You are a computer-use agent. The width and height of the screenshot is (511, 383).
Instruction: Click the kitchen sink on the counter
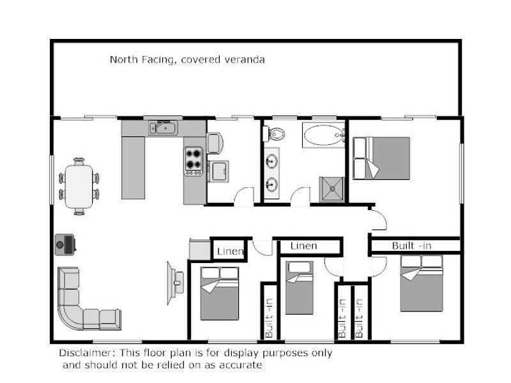(164, 128)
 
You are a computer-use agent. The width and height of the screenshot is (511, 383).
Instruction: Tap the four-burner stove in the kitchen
(194, 161)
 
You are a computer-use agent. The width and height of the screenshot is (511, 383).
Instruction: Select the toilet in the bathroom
(277, 134)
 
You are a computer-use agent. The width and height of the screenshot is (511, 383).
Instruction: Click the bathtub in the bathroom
(323, 136)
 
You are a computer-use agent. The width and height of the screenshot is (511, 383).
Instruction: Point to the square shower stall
(332, 188)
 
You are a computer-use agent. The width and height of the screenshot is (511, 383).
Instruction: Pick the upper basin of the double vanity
(271, 160)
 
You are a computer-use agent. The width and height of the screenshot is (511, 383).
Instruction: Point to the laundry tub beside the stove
(218, 172)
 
